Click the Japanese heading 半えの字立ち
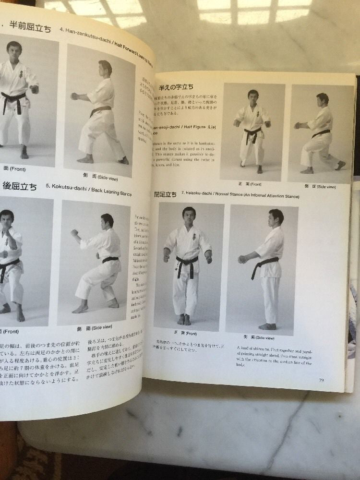(x=176, y=87)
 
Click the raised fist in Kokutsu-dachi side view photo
(x=74, y=233)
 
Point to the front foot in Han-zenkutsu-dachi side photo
(x=85, y=159)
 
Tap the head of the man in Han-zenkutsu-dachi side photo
(x=106, y=68)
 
